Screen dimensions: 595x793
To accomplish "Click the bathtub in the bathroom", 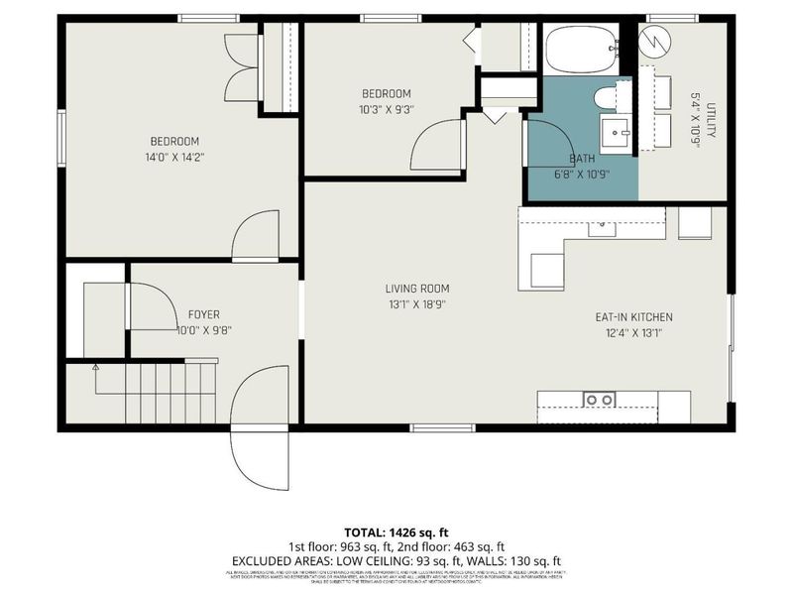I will [581, 50].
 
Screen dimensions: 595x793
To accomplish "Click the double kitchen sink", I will [600, 400].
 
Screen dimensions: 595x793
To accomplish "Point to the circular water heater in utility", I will [654, 42].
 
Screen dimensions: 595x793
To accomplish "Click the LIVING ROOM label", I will [414, 289].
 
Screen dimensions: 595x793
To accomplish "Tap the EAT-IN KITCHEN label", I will [633, 317].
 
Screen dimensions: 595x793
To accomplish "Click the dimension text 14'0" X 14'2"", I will [174, 157].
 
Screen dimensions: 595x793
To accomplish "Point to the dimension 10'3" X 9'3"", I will [385, 110].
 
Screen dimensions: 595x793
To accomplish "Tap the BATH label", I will [582, 159].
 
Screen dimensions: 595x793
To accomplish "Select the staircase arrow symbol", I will [96, 368].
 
